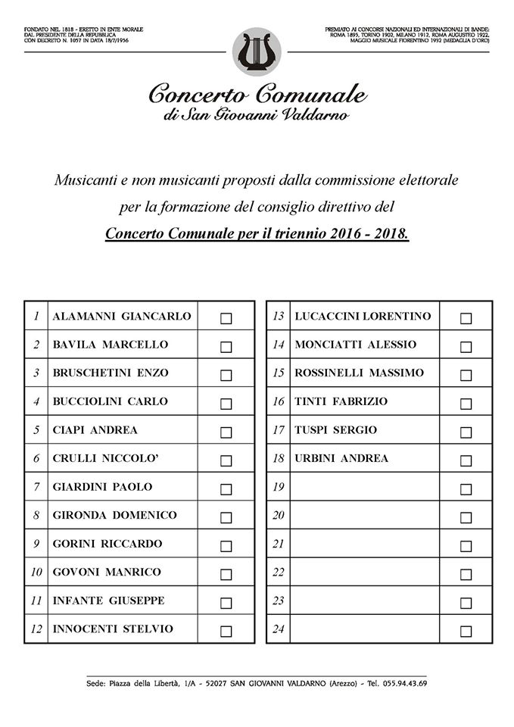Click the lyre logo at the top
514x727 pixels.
[257, 52]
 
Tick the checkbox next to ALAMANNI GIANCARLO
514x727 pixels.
[226, 318]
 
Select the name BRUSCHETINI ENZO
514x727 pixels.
[111, 373]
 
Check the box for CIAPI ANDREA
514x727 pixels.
[226, 432]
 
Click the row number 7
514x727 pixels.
[36, 487]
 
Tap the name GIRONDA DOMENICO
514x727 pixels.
[114, 516]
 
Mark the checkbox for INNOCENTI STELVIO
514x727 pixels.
[226, 631]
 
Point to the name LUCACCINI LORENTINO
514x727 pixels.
[363, 317]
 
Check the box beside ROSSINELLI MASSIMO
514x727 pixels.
[466, 376]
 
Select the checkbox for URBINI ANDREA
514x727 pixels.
[466, 460]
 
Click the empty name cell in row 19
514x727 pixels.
[363, 487]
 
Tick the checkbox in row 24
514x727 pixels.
[466, 631]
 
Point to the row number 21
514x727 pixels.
[278, 544]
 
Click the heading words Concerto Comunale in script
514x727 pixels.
[257, 95]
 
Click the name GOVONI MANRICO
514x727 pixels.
[107, 573]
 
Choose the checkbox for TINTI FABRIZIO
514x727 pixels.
[466, 404]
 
